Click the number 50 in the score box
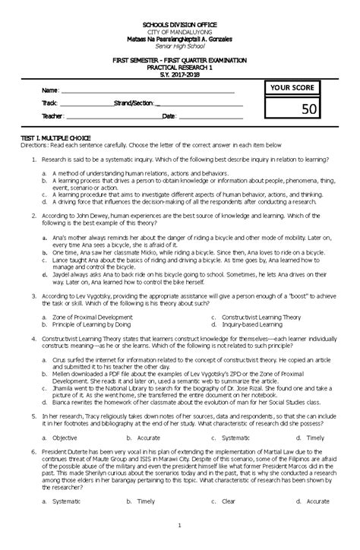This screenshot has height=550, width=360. pyautogui.click(x=308, y=112)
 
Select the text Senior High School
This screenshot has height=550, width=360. pyautogui.click(x=179, y=46)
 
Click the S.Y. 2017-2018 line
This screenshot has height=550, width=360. pyautogui.click(x=180, y=74)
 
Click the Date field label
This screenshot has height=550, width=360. pyautogui.click(x=168, y=116)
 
